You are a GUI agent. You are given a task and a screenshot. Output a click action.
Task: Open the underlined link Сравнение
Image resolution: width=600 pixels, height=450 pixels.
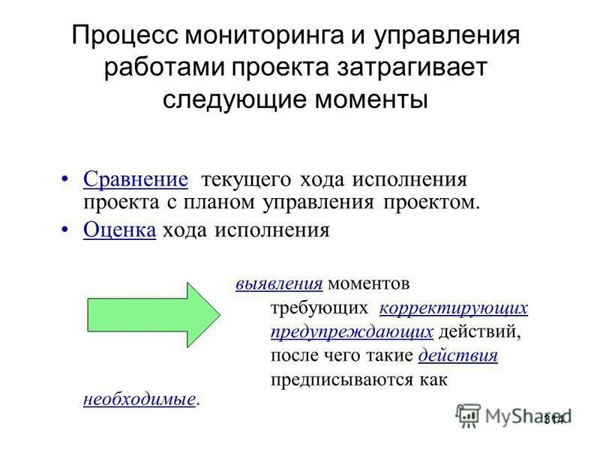pyautogui.click(x=135, y=180)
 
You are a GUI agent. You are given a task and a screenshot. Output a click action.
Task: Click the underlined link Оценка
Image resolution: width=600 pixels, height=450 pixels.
pyautogui.click(x=119, y=230)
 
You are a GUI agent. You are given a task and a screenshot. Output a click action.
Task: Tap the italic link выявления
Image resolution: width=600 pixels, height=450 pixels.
pyautogui.click(x=279, y=285)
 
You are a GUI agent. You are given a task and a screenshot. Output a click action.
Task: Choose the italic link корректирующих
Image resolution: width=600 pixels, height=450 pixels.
pyautogui.click(x=454, y=308)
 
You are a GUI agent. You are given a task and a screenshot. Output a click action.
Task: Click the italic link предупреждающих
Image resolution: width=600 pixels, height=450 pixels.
pyautogui.click(x=352, y=331)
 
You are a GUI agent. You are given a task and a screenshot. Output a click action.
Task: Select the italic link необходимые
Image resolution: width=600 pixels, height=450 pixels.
pyautogui.click(x=139, y=399)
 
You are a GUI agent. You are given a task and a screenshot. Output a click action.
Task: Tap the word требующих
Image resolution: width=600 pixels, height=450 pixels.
pyautogui.click(x=319, y=308)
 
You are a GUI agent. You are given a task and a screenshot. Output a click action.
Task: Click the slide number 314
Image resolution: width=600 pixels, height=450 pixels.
pyautogui.click(x=553, y=418)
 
